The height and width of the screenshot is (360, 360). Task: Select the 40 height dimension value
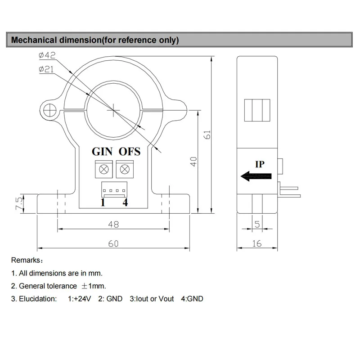(193, 162)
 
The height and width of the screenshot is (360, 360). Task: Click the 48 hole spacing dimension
(113, 224)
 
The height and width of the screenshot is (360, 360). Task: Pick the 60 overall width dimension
(113, 243)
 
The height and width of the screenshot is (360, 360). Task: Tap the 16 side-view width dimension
(257, 243)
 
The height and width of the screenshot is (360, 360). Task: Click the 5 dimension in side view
(257, 224)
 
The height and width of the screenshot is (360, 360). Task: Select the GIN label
(103, 152)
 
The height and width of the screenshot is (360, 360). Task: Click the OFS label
(130, 152)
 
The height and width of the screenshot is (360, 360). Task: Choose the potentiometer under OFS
(125, 170)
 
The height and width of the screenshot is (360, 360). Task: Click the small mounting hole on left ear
(49, 108)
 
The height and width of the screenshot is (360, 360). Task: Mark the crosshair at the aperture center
(113, 108)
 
